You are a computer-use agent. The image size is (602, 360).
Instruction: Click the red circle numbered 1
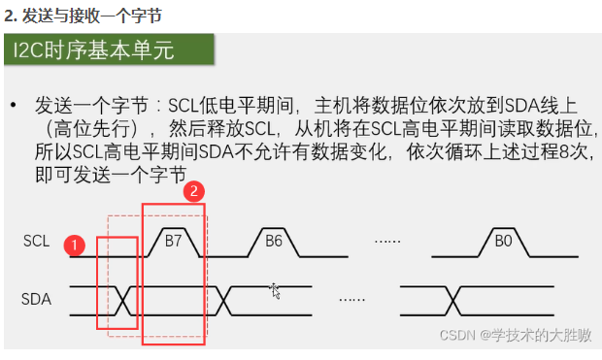(x=75, y=245)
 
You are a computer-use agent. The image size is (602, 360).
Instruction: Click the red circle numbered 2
(x=194, y=191)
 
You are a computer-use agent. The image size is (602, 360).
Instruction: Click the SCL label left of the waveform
(x=36, y=241)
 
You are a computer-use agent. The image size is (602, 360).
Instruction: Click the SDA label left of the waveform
(x=36, y=299)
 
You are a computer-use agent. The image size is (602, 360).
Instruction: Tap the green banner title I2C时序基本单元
(x=94, y=49)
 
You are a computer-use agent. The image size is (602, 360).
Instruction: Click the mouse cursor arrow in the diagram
(x=276, y=290)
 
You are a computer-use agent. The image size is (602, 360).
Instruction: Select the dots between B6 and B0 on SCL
(x=389, y=242)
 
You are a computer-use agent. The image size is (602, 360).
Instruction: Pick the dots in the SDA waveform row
(x=351, y=299)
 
